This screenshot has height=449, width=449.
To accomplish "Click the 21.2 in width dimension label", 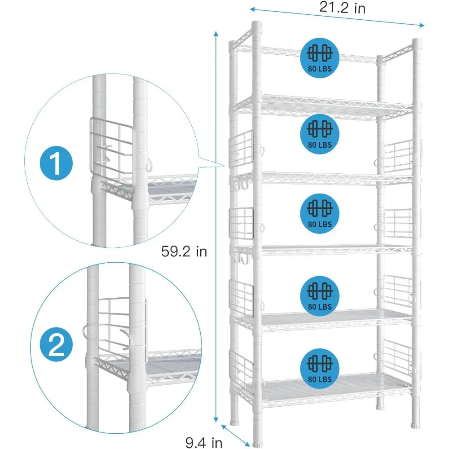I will pyautogui.click(x=342, y=8).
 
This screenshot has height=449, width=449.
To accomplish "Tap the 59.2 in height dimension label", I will pyautogui.click(x=184, y=251).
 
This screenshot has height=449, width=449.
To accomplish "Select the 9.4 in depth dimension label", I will pyautogui.click(x=204, y=443).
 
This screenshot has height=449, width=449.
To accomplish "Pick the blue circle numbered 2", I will pyautogui.click(x=56, y=346).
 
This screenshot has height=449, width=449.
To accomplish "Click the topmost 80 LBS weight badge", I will pyautogui.click(x=320, y=57).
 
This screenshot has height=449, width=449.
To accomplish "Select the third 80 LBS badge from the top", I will pyautogui.click(x=320, y=212).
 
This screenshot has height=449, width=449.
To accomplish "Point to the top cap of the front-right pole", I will pyautogui.click(x=417, y=42).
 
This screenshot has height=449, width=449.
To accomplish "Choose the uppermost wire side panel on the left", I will pyautogui.click(x=242, y=148).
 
